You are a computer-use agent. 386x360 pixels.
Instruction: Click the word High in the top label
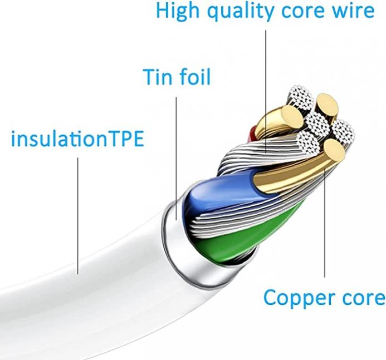(178, 11)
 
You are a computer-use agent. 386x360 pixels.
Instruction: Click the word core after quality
(303, 12)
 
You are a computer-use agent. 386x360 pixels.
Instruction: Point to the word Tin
(158, 77)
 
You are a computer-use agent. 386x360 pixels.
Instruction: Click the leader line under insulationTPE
(78, 216)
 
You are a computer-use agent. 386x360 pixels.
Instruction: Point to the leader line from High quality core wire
(266, 91)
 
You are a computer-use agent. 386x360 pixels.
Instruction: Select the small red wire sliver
(252, 133)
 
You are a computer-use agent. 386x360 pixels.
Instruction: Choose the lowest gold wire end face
(334, 150)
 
